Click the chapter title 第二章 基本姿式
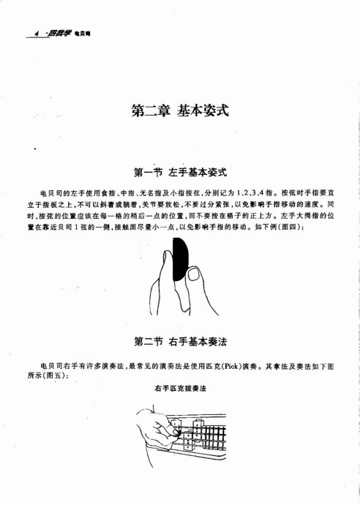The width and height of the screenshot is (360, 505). click(179, 111)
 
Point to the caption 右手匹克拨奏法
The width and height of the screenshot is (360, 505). click(179, 388)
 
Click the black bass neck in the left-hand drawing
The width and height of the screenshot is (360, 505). click(179, 263)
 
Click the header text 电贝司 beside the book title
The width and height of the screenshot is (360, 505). click(82, 34)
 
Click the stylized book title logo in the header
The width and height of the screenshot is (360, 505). click(58, 33)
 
